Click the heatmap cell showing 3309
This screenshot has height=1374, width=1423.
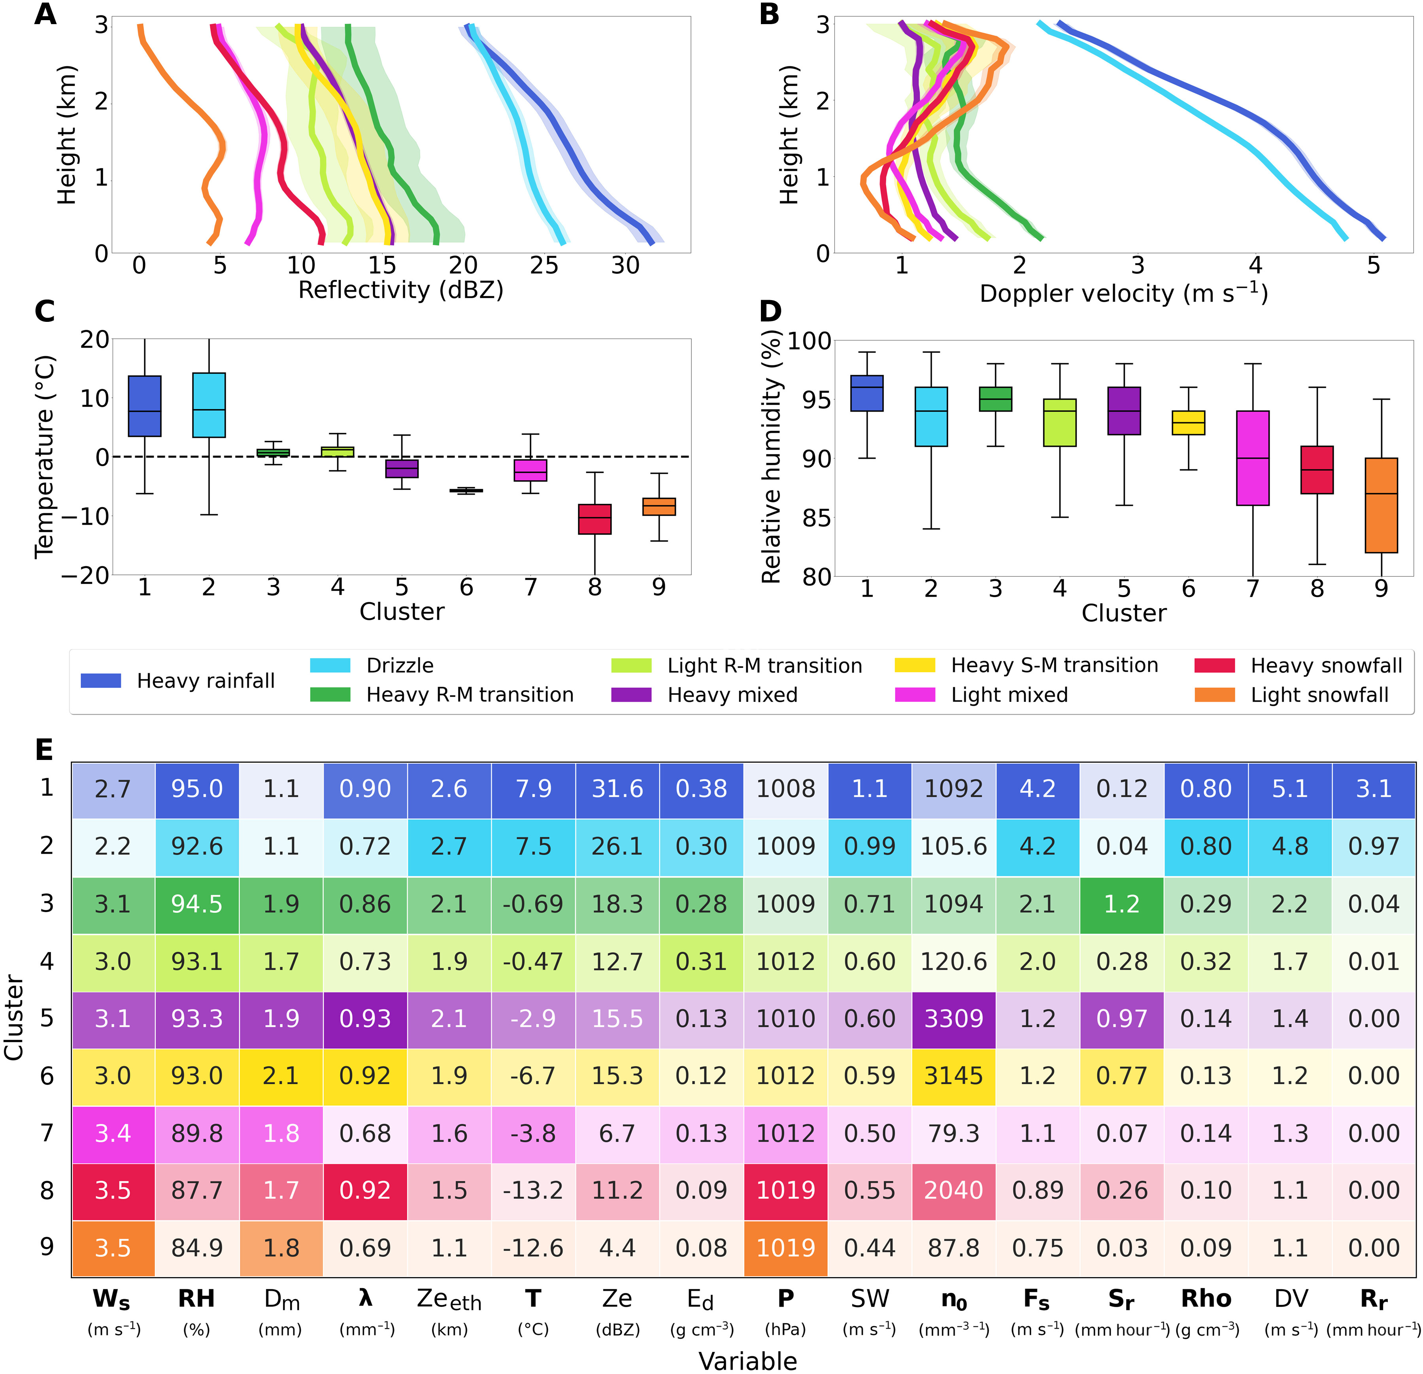[x=953, y=1018]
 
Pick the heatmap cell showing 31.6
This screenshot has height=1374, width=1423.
[x=617, y=789]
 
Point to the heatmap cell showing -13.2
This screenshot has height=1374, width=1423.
[x=533, y=1190]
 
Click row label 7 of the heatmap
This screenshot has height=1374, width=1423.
[x=47, y=1133]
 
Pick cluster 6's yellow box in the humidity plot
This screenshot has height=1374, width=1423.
[x=1189, y=423]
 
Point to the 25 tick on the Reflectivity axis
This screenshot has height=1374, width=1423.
[x=544, y=266]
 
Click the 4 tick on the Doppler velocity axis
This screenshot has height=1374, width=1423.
[x=1255, y=266]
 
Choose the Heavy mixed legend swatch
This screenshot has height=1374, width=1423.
[x=631, y=695]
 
